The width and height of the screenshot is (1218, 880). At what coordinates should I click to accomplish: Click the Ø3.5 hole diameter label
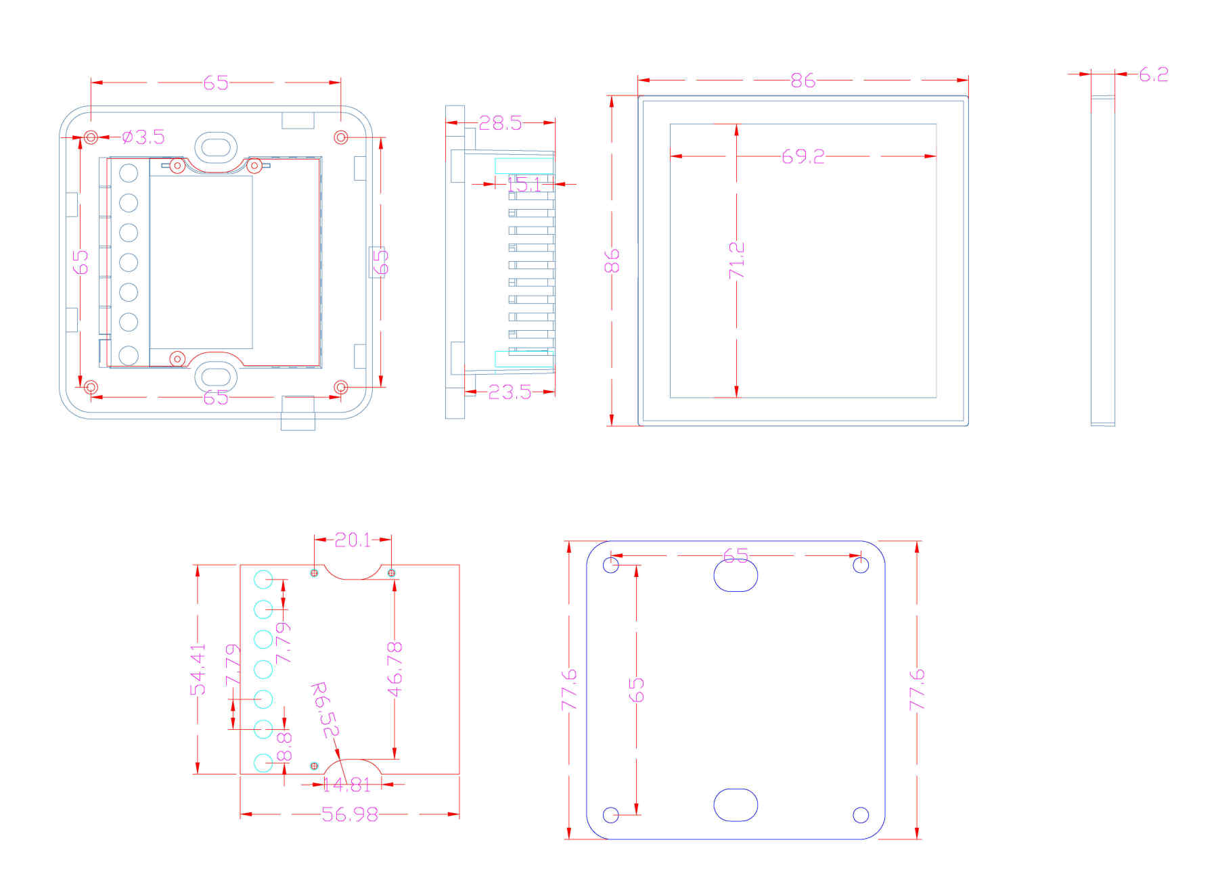[x=143, y=137]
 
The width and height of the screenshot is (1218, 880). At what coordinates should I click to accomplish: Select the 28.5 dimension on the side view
[x=500, y=122]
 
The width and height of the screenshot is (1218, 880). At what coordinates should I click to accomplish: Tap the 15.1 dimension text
[x=525, y=184]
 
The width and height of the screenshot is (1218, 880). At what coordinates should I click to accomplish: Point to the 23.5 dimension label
[x=510, y=392]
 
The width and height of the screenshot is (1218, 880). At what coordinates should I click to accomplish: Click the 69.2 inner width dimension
[x=803, y=156]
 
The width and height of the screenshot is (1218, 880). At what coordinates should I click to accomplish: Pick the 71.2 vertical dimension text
[x=737, y=260]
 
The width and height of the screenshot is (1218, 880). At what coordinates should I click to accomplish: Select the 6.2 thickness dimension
[x=1153, y=74]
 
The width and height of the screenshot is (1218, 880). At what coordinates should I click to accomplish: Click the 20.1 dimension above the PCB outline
[x=353, y=540]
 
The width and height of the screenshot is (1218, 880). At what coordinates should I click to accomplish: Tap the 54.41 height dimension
[x=198, y=669]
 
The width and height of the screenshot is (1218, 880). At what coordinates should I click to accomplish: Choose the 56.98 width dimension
[x=349, y=814]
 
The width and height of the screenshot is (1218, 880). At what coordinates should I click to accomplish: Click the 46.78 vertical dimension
[x=395, y=669]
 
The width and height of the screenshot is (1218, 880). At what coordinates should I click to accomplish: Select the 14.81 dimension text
[x=346, y=785]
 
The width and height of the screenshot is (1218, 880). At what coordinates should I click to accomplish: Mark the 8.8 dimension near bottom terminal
[x=285, y=745]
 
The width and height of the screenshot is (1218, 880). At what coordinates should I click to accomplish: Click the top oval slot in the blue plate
[x=736, y=576]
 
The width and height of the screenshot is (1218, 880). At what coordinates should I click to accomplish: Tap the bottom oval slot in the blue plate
[x=736, y=805]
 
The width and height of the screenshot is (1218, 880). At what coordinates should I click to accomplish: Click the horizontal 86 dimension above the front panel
[x=803, y=80]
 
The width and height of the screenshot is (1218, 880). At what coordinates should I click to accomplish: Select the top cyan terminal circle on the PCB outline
[x=263, y=580]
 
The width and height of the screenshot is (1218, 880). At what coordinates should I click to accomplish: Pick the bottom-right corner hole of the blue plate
[x=861, y=814]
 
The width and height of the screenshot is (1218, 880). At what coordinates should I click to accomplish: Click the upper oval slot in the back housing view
[x=216, y=146]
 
